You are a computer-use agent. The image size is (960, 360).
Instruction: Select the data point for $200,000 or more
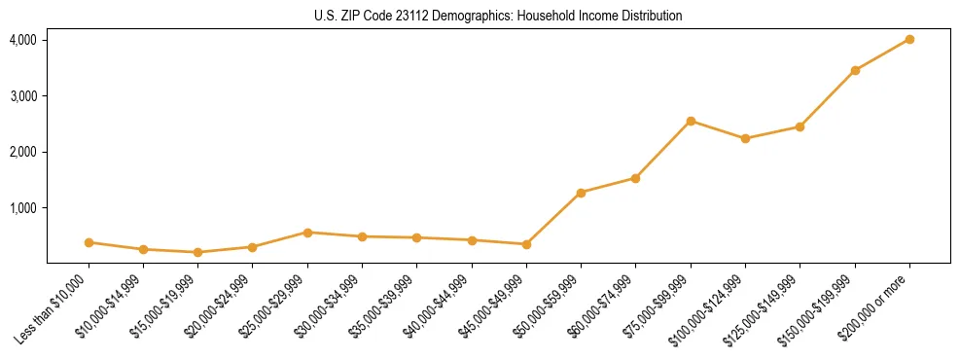(x=909, y=40)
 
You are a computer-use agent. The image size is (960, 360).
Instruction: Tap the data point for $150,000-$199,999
(x=855, y=70)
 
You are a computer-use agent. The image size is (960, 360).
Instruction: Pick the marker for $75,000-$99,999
(x=691, y=121)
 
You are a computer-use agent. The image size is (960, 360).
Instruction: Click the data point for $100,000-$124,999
(x=745, y=138)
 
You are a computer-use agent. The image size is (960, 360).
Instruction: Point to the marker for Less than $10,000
(x=89, y=242)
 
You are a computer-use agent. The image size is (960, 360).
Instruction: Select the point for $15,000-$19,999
(x=198, y=252)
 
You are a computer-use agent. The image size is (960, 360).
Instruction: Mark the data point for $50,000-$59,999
(x=581, y=193)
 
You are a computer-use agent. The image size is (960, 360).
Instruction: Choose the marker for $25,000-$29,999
(x=307, y=233)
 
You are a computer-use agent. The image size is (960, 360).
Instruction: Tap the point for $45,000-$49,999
(x=526, y=244)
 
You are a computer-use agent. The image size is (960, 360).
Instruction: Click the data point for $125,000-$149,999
(x=800, y=126)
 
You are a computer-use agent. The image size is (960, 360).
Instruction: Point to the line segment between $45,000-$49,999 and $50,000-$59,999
(x=553, y=219)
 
